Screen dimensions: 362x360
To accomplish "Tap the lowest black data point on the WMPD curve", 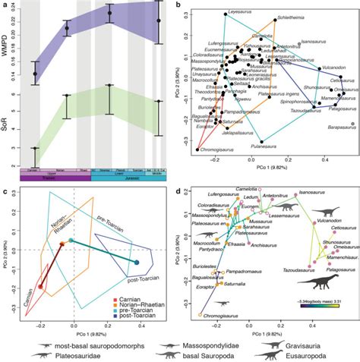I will [35, 74].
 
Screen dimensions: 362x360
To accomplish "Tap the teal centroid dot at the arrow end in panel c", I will [137, 262].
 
